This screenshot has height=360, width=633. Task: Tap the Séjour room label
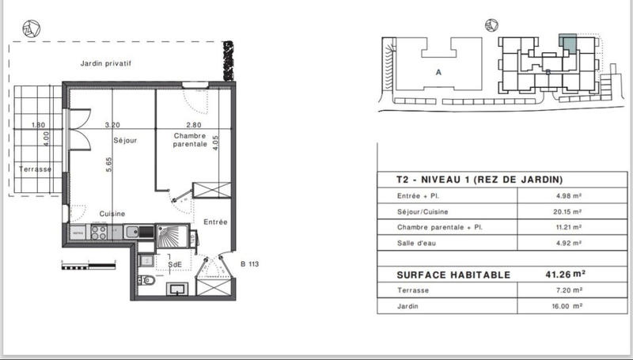pyautogui.click(x=124, y=141)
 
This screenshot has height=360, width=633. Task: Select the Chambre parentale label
pyautogui.click(x=190, y=140)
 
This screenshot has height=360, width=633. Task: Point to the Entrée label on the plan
pyautogui.click(x=215, y=222)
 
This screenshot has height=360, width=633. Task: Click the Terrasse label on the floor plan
pyautogui.click(x=35, y=169)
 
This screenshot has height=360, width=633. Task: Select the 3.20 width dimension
pyautogui.click(x=112, y=125)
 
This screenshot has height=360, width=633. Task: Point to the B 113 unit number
pyautogui.click(x=249, y=264)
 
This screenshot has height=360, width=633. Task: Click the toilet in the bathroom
pyautogui.click(x=148, y=281)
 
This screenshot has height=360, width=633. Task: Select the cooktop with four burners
pyautogui.click(x=100, y=233)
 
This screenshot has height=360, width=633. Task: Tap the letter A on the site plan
pyautogui.click(x=438, y=70)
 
